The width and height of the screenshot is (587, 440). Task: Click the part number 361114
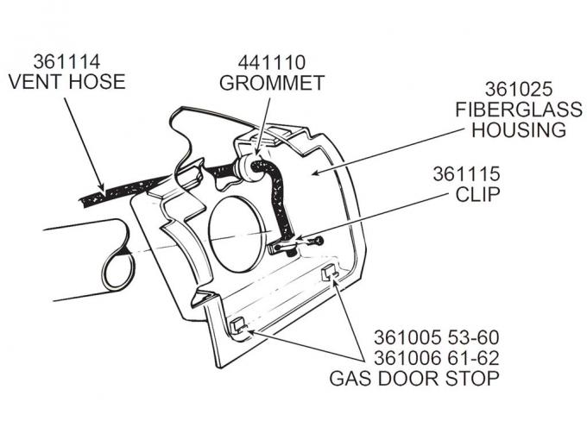pos(66,62)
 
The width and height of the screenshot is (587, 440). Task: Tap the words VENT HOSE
pos(66,83)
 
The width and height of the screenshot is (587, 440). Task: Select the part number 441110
pos(272,62)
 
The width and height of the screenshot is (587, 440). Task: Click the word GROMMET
pos(272,83)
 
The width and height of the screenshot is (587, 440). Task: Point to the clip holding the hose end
pos(285,248)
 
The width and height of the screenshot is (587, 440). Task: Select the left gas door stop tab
pos(238,327)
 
